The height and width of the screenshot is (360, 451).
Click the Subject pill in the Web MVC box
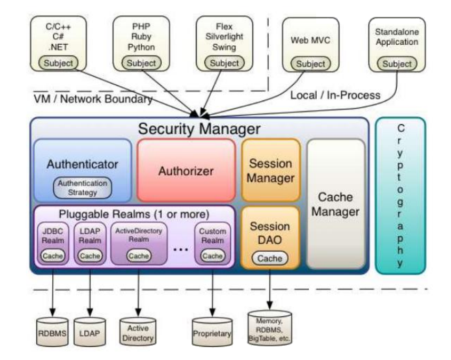(311, 64)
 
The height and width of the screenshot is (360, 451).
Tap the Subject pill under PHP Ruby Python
(141, 63)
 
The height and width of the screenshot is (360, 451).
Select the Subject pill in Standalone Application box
(397, 64)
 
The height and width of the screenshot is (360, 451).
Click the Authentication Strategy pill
(83, 188)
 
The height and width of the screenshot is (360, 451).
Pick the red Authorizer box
(186, 171)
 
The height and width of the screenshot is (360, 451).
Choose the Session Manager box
(271, 171)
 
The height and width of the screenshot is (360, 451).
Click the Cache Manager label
(336, 204)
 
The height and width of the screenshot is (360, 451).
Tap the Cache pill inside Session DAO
(270, 258)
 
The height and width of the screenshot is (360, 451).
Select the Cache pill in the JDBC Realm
(53, 256)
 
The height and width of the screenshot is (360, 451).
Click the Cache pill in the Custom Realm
(212, 256)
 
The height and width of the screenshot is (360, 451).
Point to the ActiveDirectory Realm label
(139, 235)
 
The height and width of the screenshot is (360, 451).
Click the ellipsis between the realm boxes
(181, 249)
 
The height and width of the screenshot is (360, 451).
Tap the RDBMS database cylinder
(52, 332)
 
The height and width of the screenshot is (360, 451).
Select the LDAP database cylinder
(90, 332)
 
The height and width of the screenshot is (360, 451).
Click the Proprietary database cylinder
(212, 332)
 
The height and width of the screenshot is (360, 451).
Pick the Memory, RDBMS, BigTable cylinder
(270, 327)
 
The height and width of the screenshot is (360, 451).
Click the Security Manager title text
(199, 128)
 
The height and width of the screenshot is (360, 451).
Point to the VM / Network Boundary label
(93, 99)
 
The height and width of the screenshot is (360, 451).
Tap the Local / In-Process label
(336, 95)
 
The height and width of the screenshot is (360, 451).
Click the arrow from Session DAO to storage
(270, 289)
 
